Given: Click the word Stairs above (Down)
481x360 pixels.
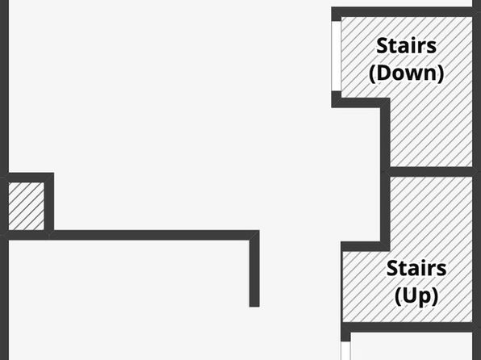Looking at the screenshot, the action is pos(406,46).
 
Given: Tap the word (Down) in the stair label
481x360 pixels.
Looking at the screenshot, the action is pos(407,73).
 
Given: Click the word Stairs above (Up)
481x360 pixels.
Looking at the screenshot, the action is pos(416,268).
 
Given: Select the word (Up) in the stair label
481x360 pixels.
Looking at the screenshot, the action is pos(416,296).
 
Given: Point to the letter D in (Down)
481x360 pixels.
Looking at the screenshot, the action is pos(384,73).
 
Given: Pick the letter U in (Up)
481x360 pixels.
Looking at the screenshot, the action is pos(408,295).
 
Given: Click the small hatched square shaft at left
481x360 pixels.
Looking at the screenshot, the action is pos(27,206).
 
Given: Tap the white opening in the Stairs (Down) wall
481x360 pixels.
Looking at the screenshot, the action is pos(337,56).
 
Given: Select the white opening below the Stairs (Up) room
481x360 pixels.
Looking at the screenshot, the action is pos(345,351).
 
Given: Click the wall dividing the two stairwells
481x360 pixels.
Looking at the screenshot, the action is pos(431,172).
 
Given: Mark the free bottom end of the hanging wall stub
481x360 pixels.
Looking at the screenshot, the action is pos(254,306).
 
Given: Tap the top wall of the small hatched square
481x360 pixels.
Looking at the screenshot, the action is pos(27,178).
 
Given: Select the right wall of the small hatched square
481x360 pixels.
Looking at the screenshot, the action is pos(49,203).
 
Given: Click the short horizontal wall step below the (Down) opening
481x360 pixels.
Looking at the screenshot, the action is pos(361,103).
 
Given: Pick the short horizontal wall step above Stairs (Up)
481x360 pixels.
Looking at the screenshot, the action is pos(366,246).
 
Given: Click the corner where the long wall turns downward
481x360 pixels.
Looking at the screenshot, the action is pos(254,235).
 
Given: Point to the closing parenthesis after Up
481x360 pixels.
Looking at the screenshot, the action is pos(435,296).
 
